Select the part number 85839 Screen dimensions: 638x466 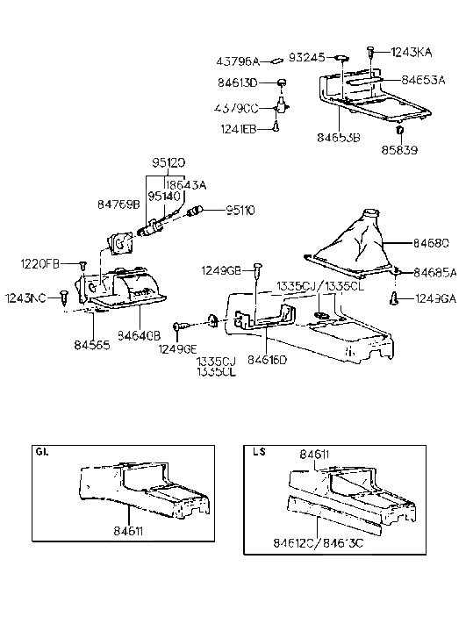399,150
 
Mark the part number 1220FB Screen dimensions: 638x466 40,263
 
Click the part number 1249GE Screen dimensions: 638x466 176,349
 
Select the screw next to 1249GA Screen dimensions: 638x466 395,299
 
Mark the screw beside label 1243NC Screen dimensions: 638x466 65,296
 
